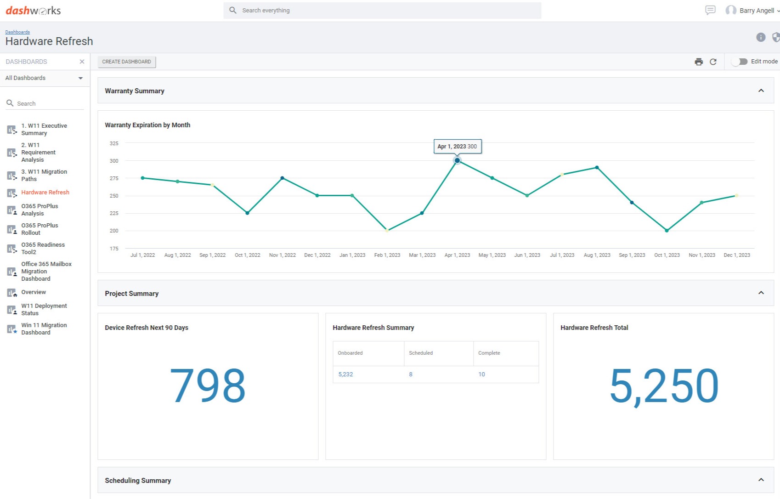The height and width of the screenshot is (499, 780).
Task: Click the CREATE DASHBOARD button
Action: pos(126,62)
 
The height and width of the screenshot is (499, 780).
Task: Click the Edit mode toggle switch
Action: pos(739,62)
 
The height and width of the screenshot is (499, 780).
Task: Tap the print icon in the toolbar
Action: pos(699,62)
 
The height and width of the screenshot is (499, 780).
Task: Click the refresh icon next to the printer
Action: pos(713,62)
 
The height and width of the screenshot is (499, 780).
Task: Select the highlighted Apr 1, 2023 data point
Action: pos(457,160)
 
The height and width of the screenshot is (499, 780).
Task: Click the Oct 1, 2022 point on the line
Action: pos(247,213)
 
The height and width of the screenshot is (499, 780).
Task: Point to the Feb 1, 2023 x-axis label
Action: pos(387,255)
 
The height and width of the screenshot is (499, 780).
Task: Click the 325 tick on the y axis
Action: pos(114,143)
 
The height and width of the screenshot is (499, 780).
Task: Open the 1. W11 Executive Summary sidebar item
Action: pos(44,129)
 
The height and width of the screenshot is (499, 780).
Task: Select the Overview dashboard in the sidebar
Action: pos(34,292)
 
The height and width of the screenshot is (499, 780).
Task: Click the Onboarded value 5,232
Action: pos(345,374)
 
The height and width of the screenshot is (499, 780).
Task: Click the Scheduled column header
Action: pos(421,353)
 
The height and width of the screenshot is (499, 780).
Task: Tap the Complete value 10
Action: pos(481,374)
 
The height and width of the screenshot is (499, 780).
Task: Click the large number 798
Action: pos(208,386)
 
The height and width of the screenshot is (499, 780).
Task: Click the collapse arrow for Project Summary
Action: pos(761,293)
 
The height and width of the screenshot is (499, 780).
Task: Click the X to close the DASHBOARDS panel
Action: pos(82,62)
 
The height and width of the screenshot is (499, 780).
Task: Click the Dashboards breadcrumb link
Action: pos(17,32)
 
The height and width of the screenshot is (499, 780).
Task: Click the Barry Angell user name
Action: pos(756,10)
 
